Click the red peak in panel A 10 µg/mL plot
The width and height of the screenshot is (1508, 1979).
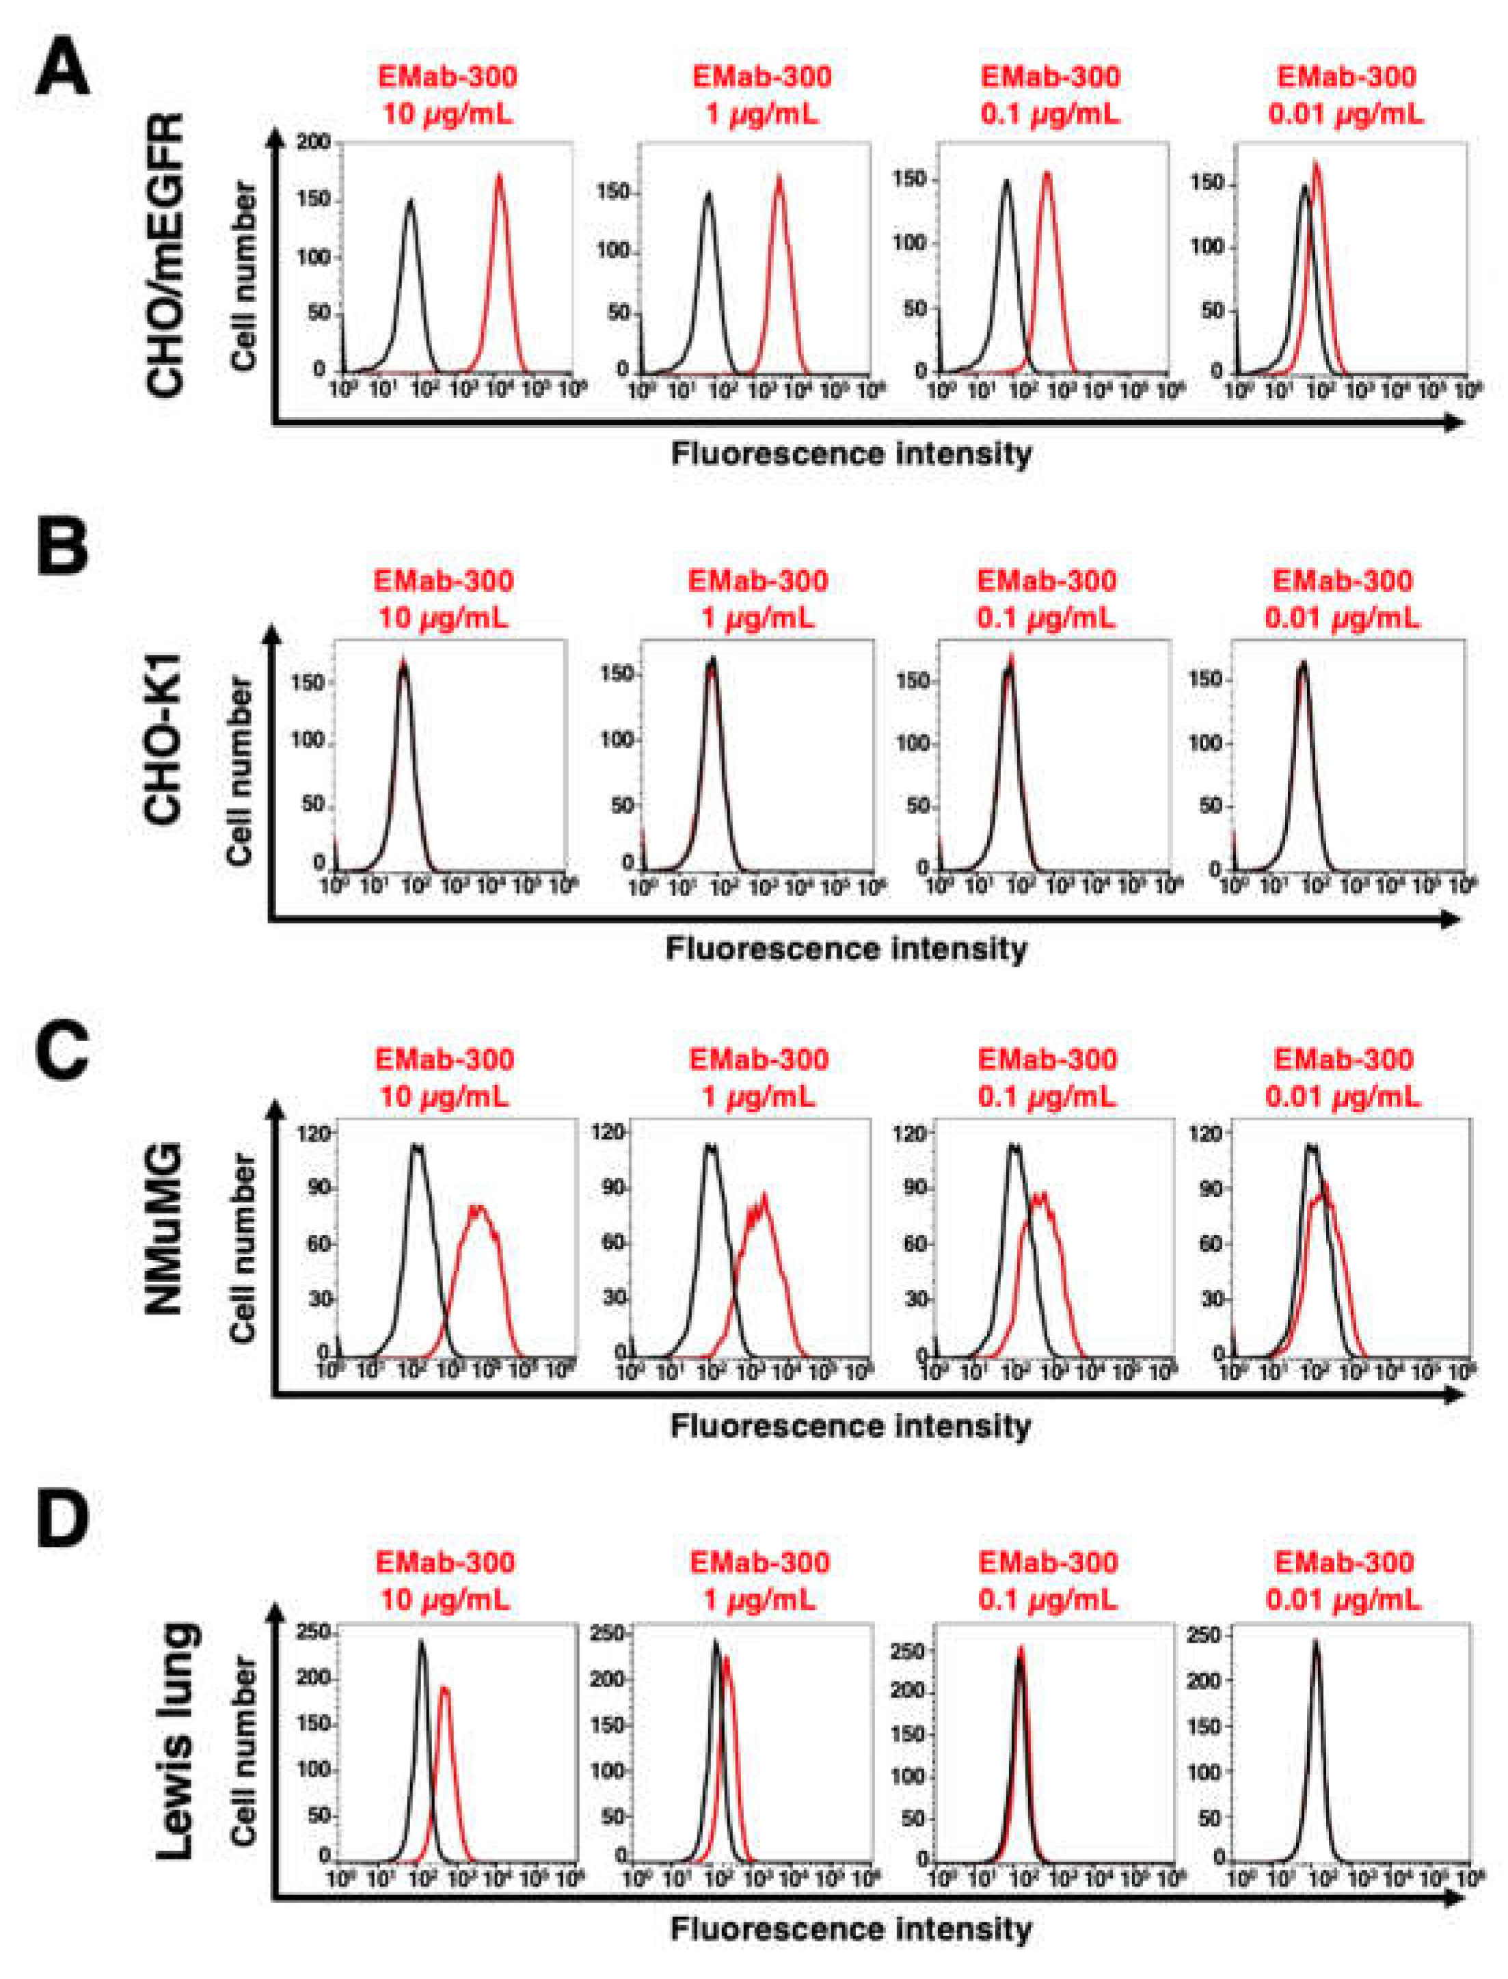point(499,178)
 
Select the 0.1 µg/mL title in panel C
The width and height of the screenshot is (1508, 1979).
point(1047,1078)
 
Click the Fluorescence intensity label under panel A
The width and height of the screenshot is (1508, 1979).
point(851,453)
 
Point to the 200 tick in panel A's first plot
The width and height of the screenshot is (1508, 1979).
point(318,143)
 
